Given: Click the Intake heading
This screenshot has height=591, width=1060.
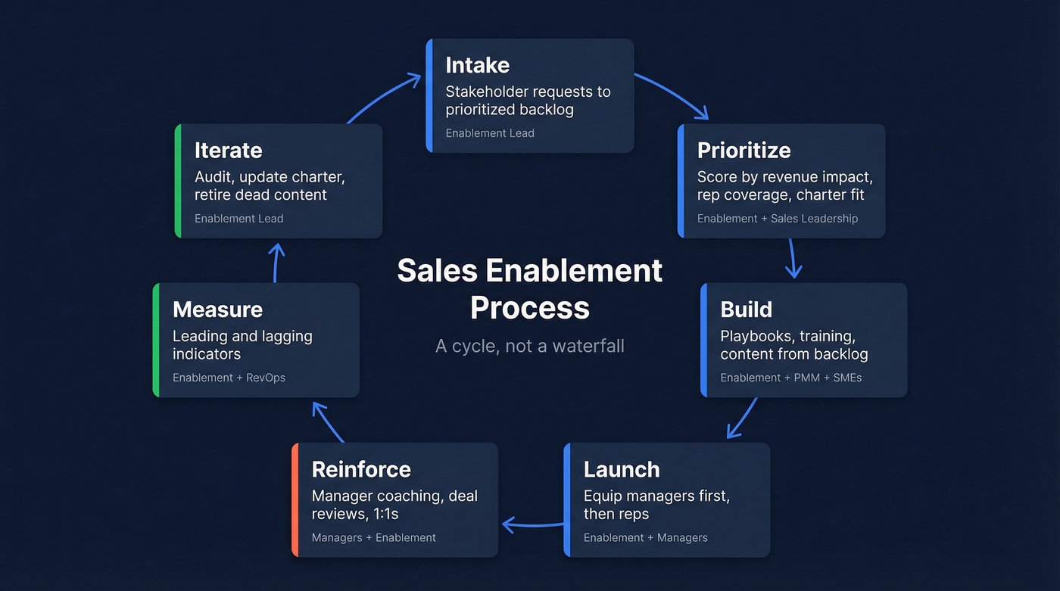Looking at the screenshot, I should pyautogui.click(x=477, y=65).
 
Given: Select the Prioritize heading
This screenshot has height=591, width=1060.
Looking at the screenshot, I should pyautogui.click(x=744, y=150).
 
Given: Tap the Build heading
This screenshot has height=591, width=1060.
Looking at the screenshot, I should pyautogui.click(x=746, y=309).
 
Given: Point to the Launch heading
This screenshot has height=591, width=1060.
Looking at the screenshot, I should pyautogui.click(x=622, y=469).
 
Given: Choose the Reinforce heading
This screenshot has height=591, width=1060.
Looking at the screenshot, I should pyautogui.click(x=361, y=469).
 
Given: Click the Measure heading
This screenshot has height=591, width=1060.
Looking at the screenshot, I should pyautogui.click(x=217, y=309).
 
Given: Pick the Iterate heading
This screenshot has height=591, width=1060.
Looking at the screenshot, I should pyautogui.click(x=228, y=150).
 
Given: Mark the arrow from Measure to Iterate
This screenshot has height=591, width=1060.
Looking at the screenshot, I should pyautogui.click(x=276, y=262).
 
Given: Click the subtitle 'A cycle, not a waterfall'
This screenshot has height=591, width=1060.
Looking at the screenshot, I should pyautogui.click(x=530, y=347).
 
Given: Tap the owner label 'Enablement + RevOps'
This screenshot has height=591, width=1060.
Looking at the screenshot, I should pyautogui.click(x=229, y=378).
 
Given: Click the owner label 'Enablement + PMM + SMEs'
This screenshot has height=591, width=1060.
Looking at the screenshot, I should pyautogui.click(x=790, y=378).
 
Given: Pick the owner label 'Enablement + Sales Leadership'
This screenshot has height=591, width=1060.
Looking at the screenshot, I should pyautogui.click(x=777, y=219).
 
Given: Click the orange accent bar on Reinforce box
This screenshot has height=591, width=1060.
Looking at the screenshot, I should pyautogui.click(x=295, y=499).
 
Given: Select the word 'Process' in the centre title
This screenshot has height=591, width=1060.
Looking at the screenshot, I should pyautogui.click(x=530, y=308).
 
